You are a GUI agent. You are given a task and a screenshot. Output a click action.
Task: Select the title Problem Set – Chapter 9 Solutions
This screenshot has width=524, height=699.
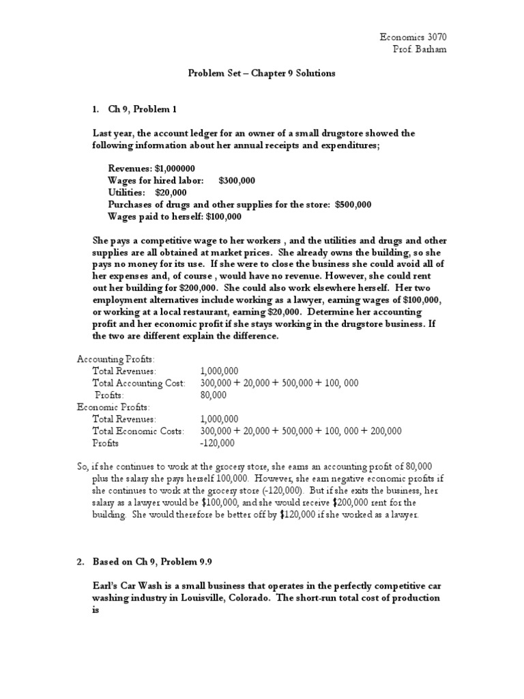262,73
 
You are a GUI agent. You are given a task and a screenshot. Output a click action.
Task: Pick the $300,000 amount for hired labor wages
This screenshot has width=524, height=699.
237,180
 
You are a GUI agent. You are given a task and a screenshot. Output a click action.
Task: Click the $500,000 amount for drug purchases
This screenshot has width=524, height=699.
353,205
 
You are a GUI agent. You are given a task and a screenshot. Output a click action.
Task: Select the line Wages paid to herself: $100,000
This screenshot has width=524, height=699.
174,217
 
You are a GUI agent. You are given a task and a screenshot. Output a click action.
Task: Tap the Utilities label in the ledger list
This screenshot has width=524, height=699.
126,192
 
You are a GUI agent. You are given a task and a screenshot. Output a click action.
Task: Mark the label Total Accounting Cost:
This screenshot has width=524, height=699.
139,383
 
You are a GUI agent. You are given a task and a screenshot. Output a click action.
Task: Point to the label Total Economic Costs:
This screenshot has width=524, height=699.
139,431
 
